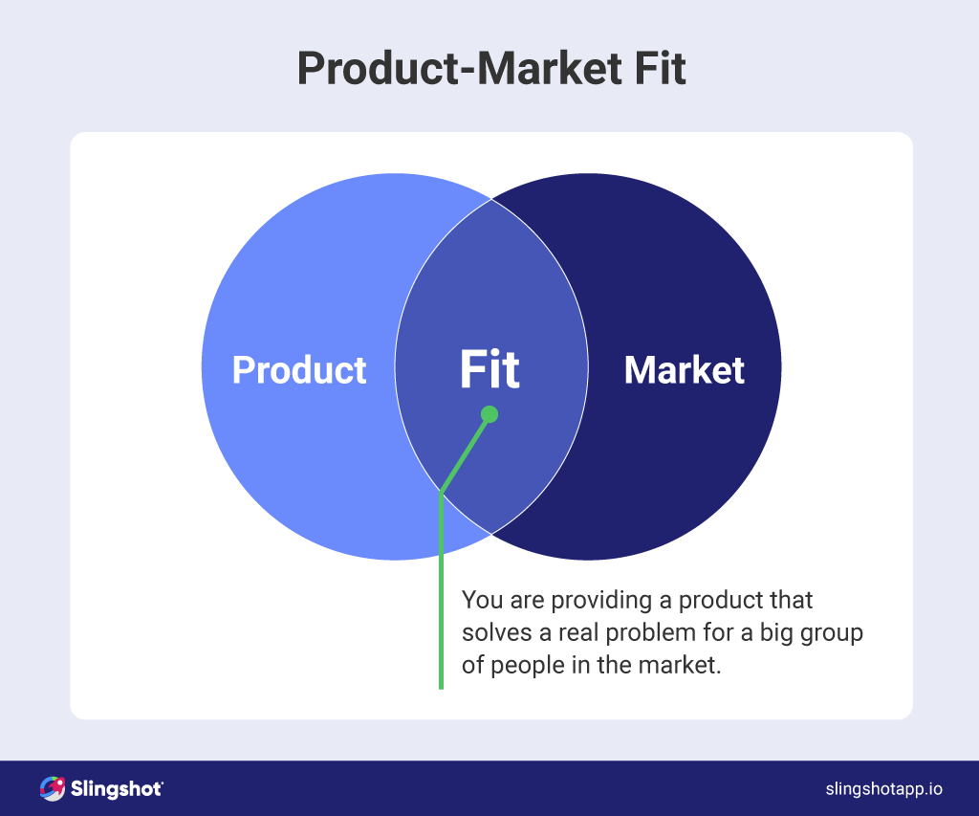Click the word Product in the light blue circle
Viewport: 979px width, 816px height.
299,370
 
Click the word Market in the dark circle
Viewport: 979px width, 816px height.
684,370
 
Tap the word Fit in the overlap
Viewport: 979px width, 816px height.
489,370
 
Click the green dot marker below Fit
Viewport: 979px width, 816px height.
489,414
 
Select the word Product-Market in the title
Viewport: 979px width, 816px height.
449,69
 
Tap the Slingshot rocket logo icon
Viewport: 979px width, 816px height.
52,788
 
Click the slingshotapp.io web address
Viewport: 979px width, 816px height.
883,789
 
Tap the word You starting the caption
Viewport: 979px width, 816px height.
478,601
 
